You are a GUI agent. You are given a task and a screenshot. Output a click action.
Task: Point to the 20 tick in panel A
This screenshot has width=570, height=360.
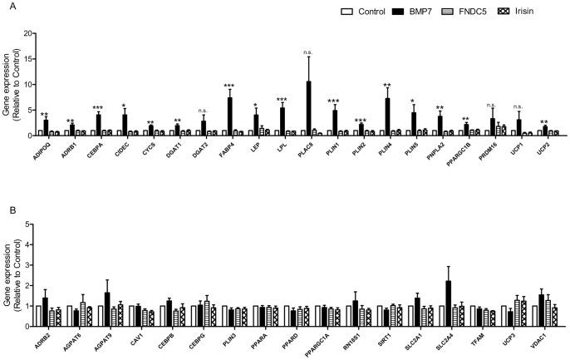point(30,33)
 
